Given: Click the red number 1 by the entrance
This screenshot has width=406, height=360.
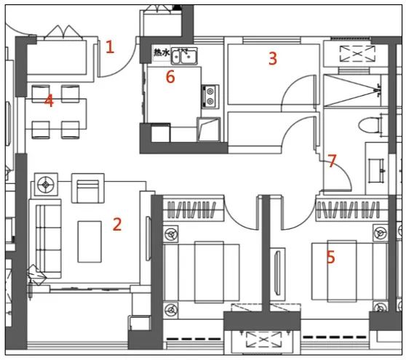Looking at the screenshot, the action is pyautogui.click(x=110, y=47).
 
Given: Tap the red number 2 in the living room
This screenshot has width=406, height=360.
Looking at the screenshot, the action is pyautogui.click(x=117, y=224).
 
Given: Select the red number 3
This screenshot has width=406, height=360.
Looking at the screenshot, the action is pyautogui.click(x=273, y=58).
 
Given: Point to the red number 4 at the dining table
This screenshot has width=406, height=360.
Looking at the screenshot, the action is pyautogui.click(x=49, y=100).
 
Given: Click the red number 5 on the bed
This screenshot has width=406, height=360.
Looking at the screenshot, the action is pyautogui.click(x=330, y=257).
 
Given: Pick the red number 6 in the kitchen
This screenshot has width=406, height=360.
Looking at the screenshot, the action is pyautogui.click(x=170, y=76).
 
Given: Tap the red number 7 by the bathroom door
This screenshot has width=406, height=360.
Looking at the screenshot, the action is pyautogui.click(x=332, y=161).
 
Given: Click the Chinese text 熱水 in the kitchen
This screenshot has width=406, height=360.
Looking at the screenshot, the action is pyautogui.click(x=162, y=52).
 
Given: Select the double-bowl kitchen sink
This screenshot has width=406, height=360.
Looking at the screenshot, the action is pyautogui.click(x=184, y=56).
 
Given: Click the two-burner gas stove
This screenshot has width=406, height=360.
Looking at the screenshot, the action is pyautogui.click(x=210, y=97).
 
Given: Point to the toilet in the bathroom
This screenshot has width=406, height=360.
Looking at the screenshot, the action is pyautogui.click(x=373, y=125).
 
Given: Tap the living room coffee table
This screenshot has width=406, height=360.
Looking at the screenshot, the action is pyautogui.click(x=89, y=241).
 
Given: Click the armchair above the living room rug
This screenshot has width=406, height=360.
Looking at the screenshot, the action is pyautogui.click(x=88, y=188).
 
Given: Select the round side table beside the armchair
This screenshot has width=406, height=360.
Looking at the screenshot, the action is pyautogui.click(x=46, y=184).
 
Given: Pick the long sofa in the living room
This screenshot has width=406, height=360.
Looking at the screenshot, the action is pyautogui.click(x=45, y=239).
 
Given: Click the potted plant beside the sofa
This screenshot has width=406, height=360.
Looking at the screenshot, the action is pyautogui.click(x=36, y=275).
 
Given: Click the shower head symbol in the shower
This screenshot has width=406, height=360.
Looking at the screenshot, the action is pyautogui.click(x=378, y=90).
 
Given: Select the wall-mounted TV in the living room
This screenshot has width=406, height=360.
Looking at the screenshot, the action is pyautogui.click(x=148, y=239).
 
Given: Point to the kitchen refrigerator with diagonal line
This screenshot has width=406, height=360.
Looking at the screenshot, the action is pyautogui.click(x=209, y=129).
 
